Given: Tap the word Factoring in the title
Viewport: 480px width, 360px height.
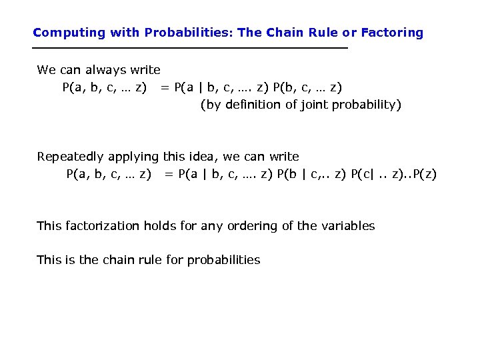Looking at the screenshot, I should pos(392,33).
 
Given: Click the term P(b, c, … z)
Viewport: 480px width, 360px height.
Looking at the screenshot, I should pos(307,87).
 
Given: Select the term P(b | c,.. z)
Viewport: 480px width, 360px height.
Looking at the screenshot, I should pos(311,175).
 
